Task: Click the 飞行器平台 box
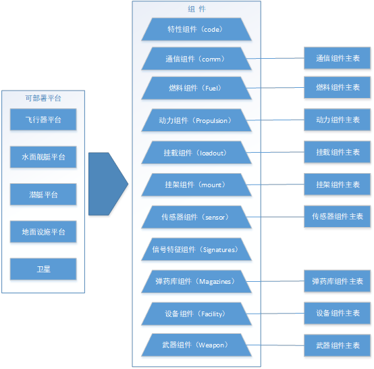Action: click(43, 120)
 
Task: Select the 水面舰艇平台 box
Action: click(43, 157)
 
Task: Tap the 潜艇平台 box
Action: click(43, 195)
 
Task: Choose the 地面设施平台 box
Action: click(43, 232)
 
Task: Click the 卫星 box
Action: click(43, 269)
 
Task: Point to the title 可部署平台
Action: click(43, 98)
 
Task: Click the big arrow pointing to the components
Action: click(108, 184)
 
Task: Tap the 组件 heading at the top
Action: click(196, 9)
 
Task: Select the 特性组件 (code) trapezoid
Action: click(196, 29)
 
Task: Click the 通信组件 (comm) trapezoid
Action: click(196, 59)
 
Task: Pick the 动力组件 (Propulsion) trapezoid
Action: click(196, 120)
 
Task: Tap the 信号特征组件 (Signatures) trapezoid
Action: click(196, 249)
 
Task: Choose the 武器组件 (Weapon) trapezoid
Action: click(196, 345)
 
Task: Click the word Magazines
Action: click(215, 282)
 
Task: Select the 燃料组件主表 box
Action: click(338, 87)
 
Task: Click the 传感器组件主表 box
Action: click(338, 216)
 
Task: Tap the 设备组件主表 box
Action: click(338, 313)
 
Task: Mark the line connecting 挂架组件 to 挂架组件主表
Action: click(275, 184)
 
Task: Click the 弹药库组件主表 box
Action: click(338, 281)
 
